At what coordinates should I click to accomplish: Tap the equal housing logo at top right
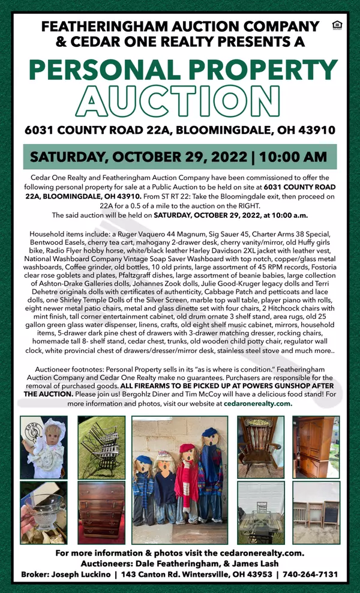(335, 26)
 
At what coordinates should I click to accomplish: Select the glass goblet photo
(43, 504)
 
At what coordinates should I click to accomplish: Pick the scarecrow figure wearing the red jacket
(187, 480)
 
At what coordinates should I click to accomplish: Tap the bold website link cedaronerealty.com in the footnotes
(258, 404)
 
